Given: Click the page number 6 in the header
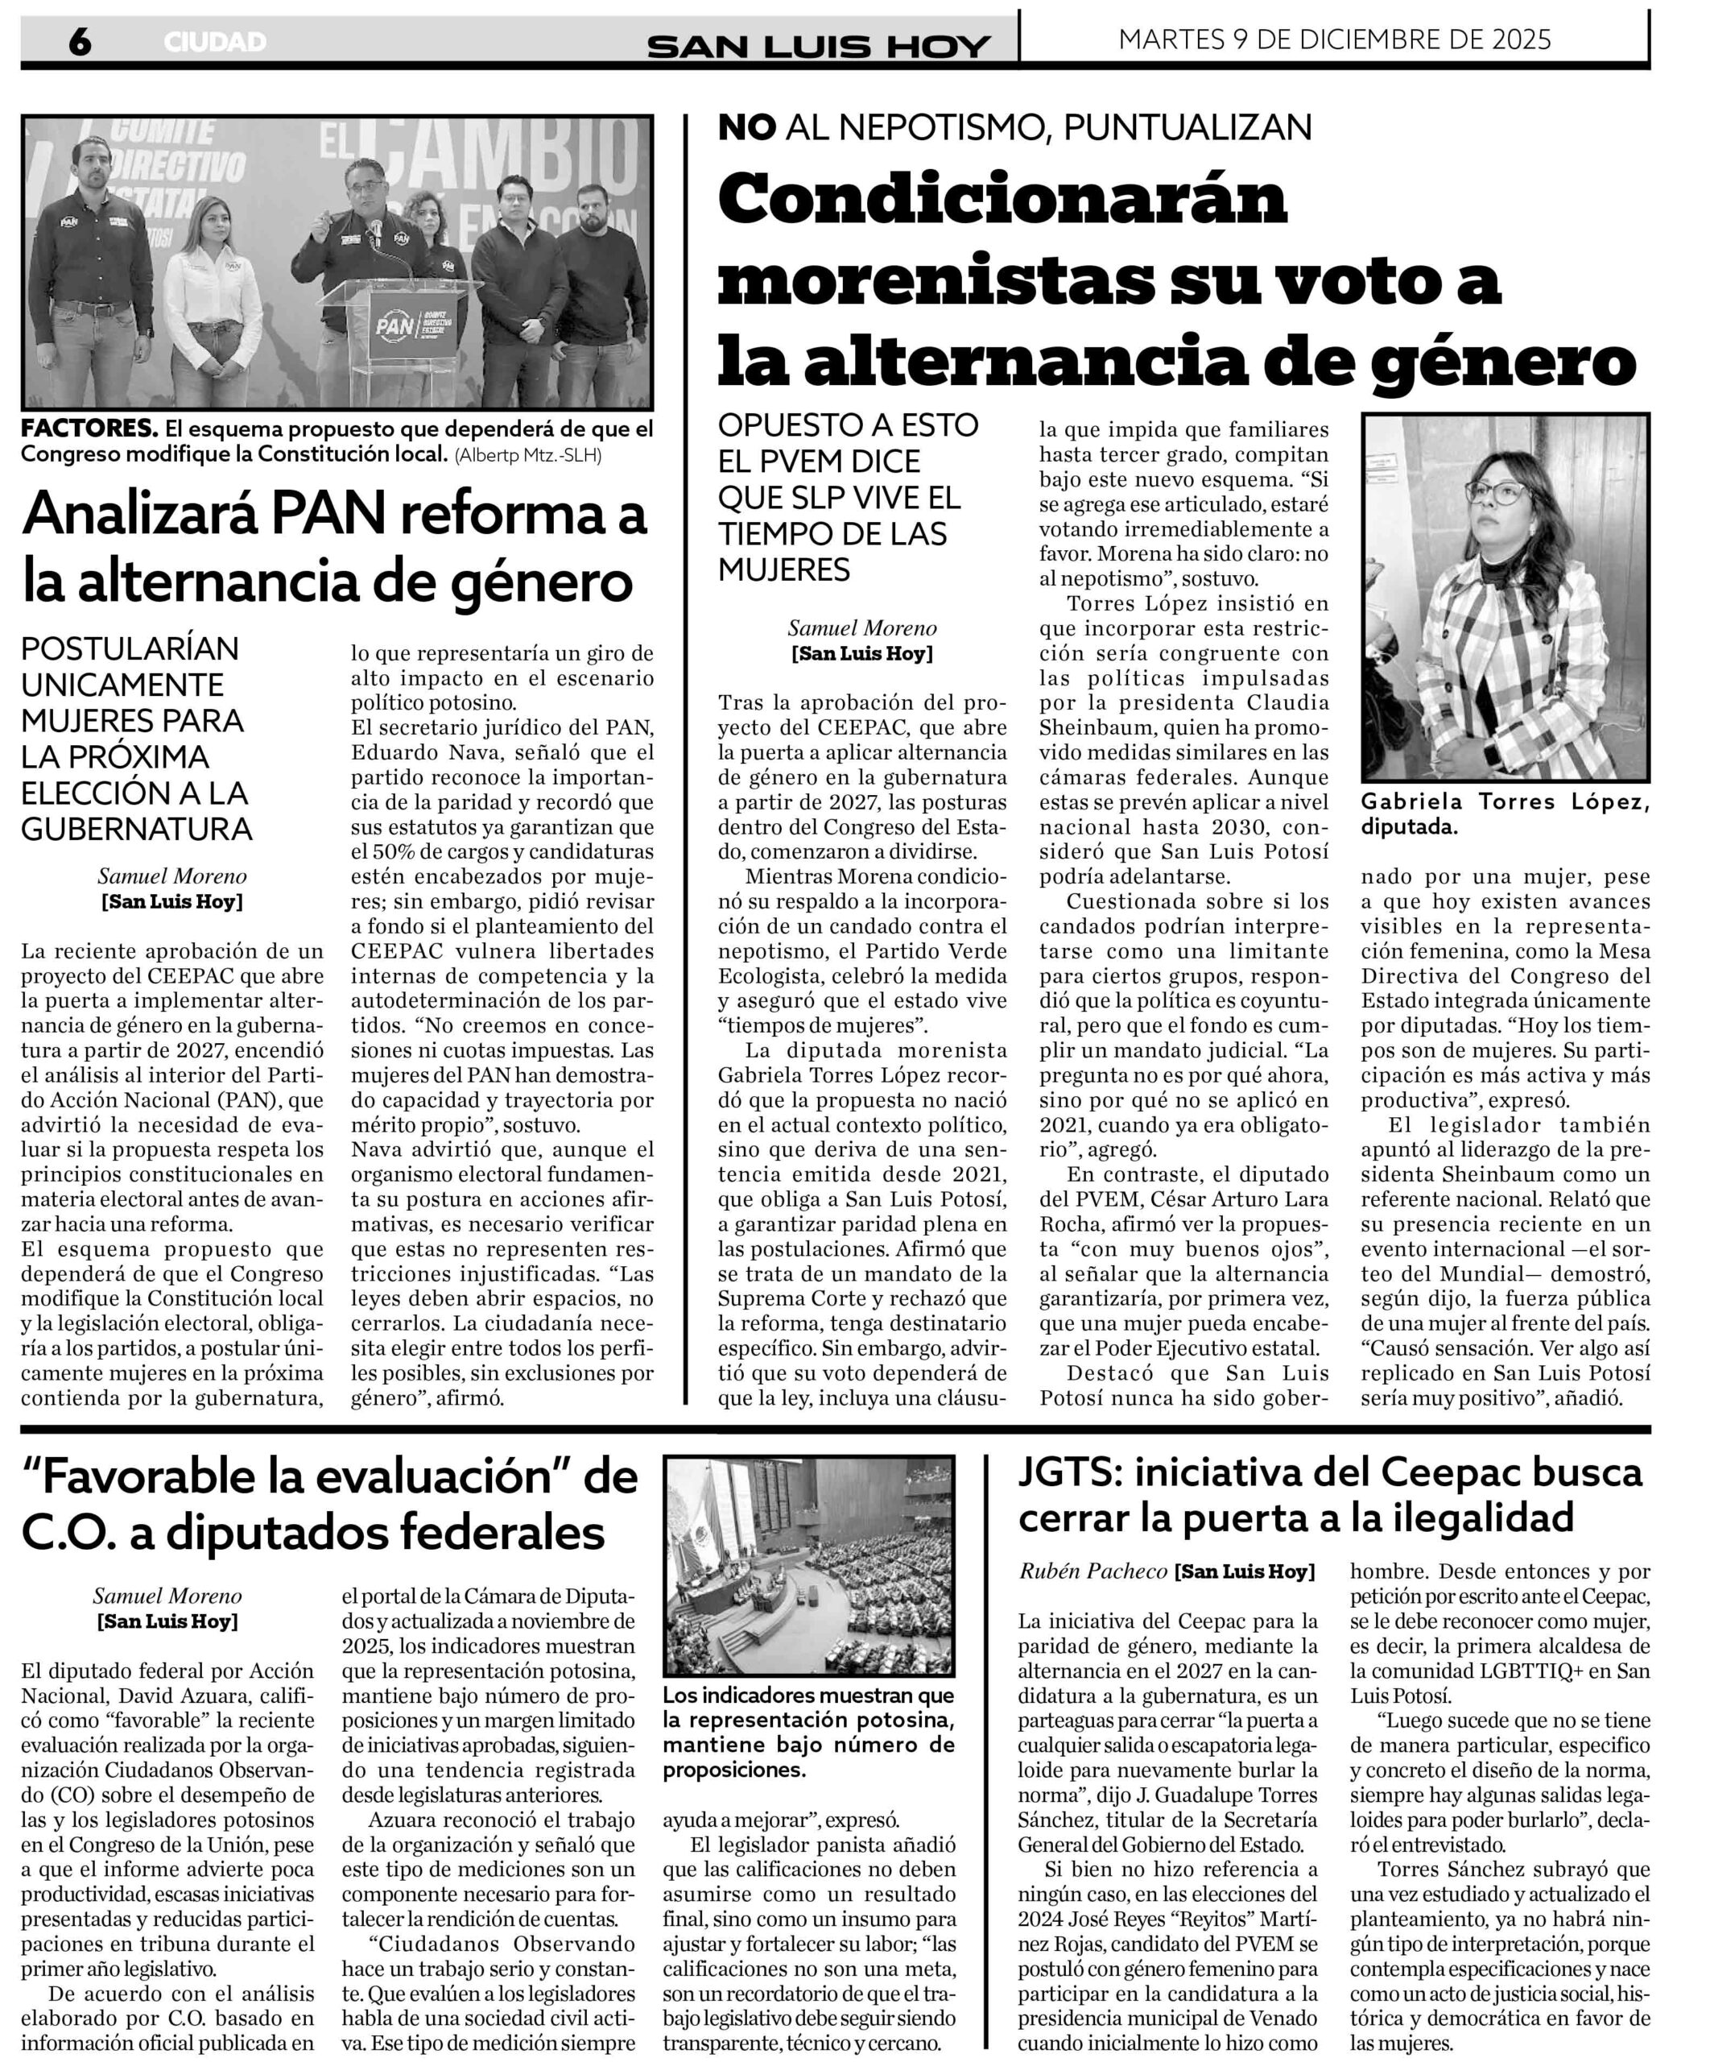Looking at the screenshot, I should coord(80,42).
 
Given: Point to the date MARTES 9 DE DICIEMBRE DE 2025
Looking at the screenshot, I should coord(1334,39).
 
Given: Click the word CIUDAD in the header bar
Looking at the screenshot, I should coord(215,42).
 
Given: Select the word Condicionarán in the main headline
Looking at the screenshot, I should coord(1002,199).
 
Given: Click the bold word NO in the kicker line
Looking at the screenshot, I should coord(747,126).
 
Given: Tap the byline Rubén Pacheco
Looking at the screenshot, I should coord(1092,1571).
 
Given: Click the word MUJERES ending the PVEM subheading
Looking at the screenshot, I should coord(784,569).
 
